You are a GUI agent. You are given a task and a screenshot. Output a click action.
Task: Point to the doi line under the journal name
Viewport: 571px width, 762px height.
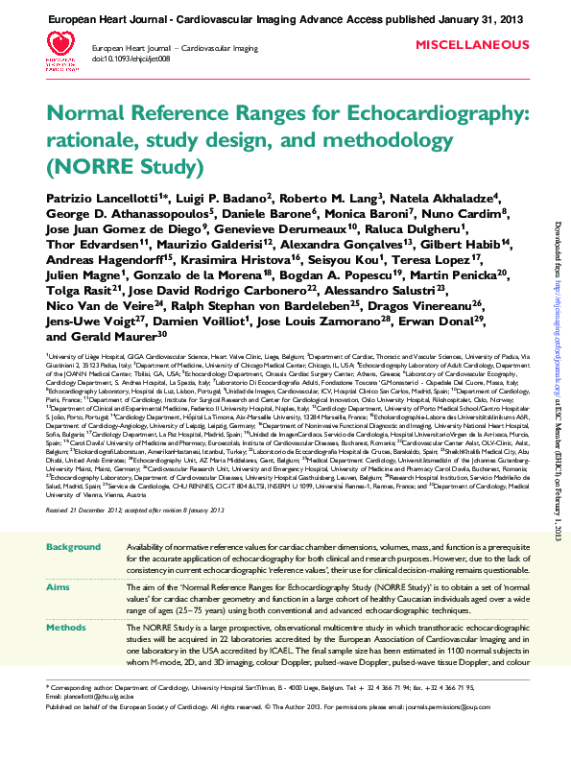(x=131, y=60)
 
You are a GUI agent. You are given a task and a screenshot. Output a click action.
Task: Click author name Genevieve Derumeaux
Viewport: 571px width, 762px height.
(x=297, y=227)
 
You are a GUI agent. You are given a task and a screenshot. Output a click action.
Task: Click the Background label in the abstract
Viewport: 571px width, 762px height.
(x=73, y=546)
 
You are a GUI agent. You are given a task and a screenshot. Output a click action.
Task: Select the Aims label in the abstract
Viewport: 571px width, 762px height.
(x=59, y=586)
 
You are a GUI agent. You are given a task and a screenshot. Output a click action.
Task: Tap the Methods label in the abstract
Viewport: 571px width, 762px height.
(x=66, y=626)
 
